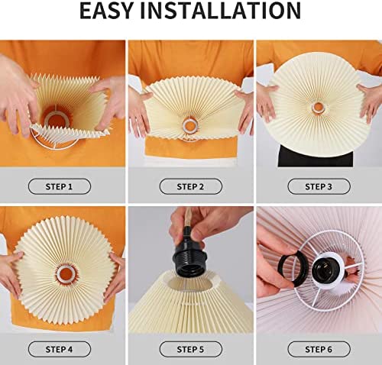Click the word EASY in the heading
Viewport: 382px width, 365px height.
(x=106, y=11)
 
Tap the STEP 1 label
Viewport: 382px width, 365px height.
(x=60, y=186)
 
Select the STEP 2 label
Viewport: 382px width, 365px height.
(x=191, y=186)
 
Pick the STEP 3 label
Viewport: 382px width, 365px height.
(x=319, y=186)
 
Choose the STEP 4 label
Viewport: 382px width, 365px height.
(x=60, y=349)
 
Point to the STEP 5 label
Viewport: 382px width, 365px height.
(x=191, y=349)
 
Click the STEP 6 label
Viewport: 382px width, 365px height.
(x=319, y=349)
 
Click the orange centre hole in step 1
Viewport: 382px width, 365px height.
(x=54, y=120)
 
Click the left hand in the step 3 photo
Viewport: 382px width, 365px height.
(x=267, y=102)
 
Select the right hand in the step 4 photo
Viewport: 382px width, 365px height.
(x=116, y=277)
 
